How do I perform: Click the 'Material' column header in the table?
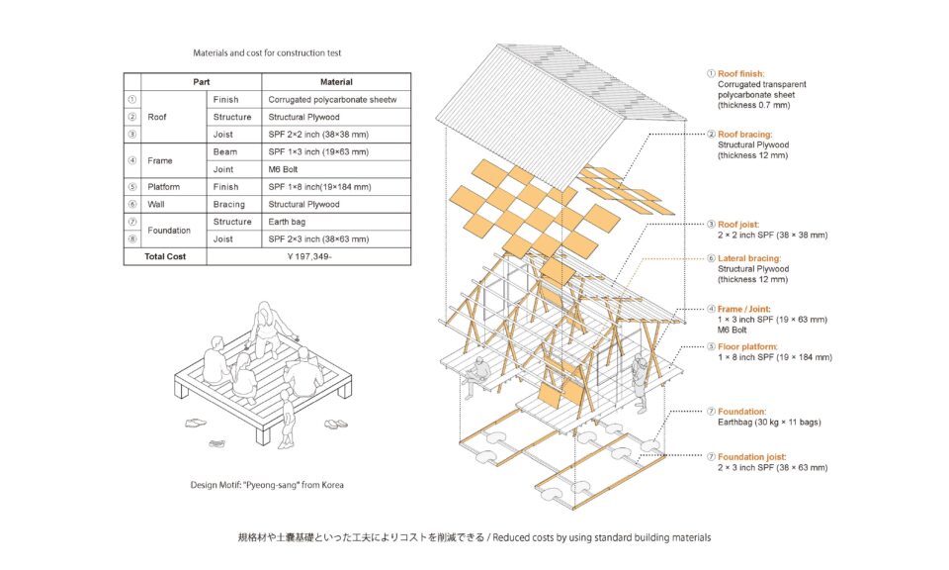pyautogui.click(x=336, y=82)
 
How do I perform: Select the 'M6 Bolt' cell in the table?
pyautogui.click(x=283, y=169)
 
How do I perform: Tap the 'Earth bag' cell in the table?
pyautogui.click(x=287, y=222)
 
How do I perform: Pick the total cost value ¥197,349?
pyautogui.click(x=309, y=257)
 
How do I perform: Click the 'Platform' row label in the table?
pyautogui.click(x=163, y=187)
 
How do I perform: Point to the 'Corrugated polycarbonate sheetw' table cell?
pyautogui.click(x=332, y=99)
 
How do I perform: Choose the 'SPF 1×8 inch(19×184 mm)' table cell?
pyautogui.click(x=319, y=187)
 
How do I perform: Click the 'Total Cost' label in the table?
pyautogui.click(x=165, y=257)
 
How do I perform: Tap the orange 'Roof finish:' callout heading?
pyautogui.click(x=740, y=74)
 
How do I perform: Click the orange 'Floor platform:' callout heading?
pyautogui.click(x=747, y=347)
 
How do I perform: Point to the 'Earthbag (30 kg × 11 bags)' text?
pyautogui.click(x=769, y=423)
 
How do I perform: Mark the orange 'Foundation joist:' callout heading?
pyautogui.click(x=751, y=457)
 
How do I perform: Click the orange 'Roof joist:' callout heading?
pyautogui.click(x=738, y=225)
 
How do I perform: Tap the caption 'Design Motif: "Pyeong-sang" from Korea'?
pyautogui.click(x=267, y=485)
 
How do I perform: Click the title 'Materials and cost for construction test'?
pyautogui.click(x=267, y=53)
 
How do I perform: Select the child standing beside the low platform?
pyautogui.click(x=286, y=419)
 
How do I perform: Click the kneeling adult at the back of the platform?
pyautogui.click(x=266, y=328)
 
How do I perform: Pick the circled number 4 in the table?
pyautogui.click(x=131, y=160)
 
